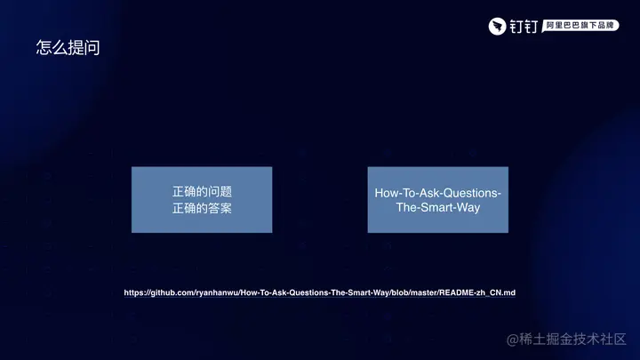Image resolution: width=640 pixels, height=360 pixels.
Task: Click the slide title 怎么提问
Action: click(x=68, y=47)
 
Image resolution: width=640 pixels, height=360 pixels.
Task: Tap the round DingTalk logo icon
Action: click(x=497, y=27)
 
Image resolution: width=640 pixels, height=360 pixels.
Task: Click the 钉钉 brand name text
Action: click(x=524, y=27)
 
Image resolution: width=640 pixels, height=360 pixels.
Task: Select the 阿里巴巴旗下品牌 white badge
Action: click(x=580, y=26)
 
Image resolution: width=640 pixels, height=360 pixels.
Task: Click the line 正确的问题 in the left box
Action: click(x=202, y=191)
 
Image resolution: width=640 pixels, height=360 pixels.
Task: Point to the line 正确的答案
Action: click(x=202, y=209)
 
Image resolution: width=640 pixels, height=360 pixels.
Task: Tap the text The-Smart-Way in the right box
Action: click(x=438, y=207)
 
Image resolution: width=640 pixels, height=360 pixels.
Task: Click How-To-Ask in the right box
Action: click(x=409, y=193)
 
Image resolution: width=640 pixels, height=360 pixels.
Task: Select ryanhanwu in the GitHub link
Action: click(x=217, y=292)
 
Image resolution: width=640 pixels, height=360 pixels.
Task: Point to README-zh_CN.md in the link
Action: click(x=477, y=292)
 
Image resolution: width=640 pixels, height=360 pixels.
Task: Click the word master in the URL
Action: click(x=423, y=292)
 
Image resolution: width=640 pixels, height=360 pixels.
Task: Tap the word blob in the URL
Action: click(x=399, y=292)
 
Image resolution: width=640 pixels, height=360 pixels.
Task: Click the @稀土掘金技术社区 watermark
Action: click(x=566, y=340)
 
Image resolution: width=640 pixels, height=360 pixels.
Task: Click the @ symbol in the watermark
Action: click(x=512, y=340)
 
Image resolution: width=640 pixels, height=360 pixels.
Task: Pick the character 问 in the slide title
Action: click(x=92, y=48)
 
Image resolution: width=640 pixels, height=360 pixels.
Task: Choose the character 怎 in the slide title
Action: click(x=44, y=47)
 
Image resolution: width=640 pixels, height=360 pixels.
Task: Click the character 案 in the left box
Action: click(x=225, y=209)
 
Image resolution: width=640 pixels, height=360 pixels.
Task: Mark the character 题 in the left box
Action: click(x=225, y=191)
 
